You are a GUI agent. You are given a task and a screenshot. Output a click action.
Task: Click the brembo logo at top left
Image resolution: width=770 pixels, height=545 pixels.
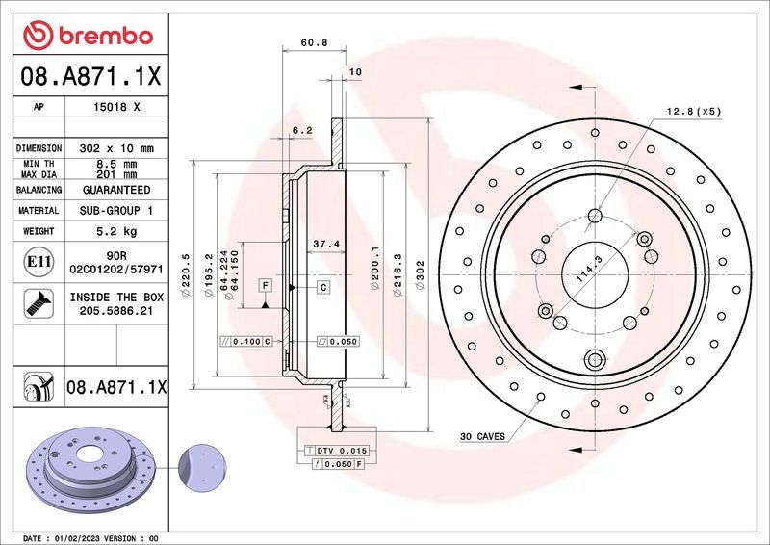(88, 36)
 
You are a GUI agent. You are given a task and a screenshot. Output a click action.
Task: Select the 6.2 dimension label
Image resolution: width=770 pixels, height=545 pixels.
(301, 130)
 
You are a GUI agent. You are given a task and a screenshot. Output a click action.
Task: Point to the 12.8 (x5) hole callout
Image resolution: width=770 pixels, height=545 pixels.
(692, 111)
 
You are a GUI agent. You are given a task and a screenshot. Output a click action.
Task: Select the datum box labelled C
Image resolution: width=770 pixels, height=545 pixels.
(323, 287)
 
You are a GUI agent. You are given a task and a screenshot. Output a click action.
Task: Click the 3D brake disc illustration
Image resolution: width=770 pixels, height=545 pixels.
(88, 469)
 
